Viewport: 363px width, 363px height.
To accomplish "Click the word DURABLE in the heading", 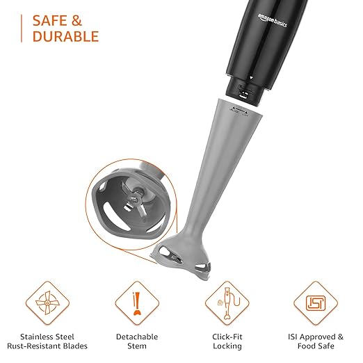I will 65,36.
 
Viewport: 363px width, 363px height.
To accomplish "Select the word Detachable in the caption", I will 136,334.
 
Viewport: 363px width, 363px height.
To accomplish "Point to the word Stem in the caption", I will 136,346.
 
